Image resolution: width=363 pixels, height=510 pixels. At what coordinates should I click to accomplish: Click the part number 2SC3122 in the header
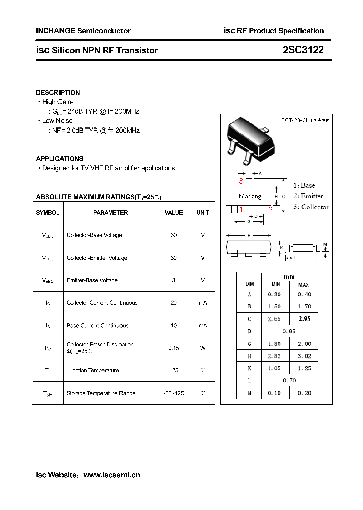[x=303, y=50]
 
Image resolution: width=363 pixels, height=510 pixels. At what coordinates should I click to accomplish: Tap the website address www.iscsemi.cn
[x=111, y=475]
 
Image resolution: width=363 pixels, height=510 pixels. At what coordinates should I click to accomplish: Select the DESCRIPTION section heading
[x=58, y=93]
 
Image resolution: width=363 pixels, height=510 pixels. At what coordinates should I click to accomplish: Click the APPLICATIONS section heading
[x=60, y=159]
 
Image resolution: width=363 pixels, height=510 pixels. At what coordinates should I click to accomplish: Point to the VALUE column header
[x=174, y=213]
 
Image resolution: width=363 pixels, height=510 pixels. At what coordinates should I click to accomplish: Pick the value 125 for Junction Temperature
[x=174, y=370]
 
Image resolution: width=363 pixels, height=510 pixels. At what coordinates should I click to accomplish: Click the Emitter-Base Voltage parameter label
[x=92, y=280]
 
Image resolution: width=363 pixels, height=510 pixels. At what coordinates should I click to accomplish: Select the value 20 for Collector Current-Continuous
[x=174, y=303]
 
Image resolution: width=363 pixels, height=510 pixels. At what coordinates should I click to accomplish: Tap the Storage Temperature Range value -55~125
[x=174, y=393]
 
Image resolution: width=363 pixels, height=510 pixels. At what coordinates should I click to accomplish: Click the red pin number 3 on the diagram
[x=241, y=181]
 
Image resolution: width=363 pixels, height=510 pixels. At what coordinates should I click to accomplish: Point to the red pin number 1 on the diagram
[x=241, y=210]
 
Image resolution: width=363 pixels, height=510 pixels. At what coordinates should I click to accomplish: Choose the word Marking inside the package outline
[x=250, y=196]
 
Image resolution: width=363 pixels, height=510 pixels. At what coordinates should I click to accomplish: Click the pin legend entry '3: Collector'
[x=311, y=207]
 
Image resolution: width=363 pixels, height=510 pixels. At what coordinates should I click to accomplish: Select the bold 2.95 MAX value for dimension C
[x=305, y=319]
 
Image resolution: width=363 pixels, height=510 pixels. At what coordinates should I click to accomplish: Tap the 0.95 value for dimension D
[x=289, y=331]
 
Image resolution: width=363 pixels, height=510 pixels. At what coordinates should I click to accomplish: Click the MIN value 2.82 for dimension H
[x=274, y=356]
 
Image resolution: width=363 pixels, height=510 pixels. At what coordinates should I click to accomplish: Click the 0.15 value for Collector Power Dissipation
[x=174, y=348]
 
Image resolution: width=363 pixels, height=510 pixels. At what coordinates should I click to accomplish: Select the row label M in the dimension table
[x=249, y=393]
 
